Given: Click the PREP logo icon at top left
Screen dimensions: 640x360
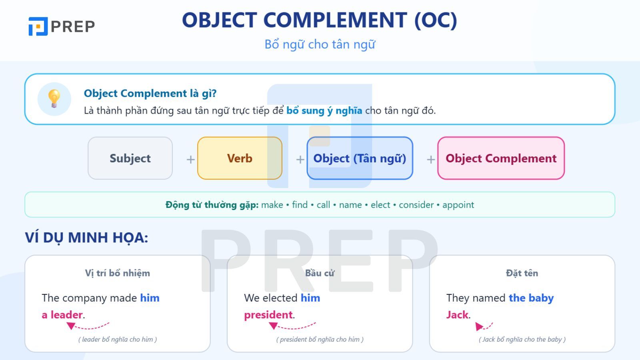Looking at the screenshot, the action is [x=38, y=26].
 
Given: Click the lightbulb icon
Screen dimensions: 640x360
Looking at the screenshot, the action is [x=54, y=98].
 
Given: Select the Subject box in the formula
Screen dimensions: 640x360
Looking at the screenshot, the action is [x=130, y=158].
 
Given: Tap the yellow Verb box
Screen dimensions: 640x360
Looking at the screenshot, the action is [x=240, y=158].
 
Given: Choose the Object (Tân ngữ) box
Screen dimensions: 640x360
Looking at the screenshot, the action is [x=360, y=158].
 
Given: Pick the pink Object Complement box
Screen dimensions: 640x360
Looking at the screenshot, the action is [x=501, y=158].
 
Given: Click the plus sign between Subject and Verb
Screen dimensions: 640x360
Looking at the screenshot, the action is [x=190, y=160].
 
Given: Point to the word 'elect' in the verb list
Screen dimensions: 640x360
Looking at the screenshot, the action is [x=380, y=205].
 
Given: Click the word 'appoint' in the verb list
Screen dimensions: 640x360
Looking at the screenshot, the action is [x=458, y=205].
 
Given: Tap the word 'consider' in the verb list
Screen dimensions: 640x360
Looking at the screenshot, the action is [x=416, y=205].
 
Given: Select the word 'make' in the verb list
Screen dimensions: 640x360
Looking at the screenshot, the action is [x=272, y=205].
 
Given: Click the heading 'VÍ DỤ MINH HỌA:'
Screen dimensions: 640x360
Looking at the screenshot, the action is [x=86, y=238].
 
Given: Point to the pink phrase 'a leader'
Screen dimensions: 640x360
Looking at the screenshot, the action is [x=62, y=314].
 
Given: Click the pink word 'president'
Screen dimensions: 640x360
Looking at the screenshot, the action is [x=268, y=315].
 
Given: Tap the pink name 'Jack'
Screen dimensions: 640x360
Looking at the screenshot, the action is [x=457, y=314].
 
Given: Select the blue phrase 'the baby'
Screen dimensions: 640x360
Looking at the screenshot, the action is [x=531, y=298].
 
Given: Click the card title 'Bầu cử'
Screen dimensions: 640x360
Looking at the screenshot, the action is [x=320, y=273].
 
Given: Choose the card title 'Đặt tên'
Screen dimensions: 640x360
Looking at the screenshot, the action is [x=522, y=273].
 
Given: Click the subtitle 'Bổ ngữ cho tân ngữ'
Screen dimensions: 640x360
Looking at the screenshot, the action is [x=320, y=44].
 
